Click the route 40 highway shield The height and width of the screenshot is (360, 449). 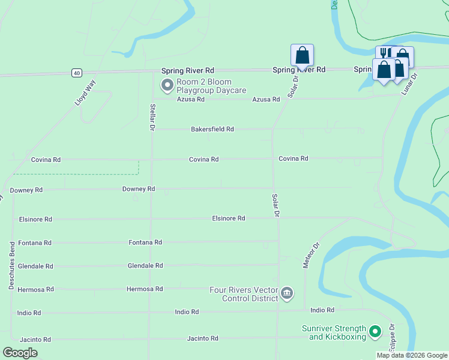click(76, 73)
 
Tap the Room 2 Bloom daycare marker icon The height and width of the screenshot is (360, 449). click(166, 86)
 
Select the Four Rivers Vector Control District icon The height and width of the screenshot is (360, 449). click(287, 293)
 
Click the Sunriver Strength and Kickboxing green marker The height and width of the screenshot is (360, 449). click(375, 331)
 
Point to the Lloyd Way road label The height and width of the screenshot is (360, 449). click(85, 93)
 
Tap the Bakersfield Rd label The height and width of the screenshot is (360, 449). click(212, 129)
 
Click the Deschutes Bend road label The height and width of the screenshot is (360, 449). click(11, 266)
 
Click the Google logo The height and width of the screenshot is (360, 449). click(20, 353)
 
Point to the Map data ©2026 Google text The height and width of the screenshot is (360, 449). click(412, 355)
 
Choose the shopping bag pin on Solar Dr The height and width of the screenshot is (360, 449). click(302, 55)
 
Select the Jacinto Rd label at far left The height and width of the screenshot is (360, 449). click(35, 339)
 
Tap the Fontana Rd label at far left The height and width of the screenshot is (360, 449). click(35, 243)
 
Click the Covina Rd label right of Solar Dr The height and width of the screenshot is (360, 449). click(293, 158)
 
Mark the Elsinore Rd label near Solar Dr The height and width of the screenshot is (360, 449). click(229, 218)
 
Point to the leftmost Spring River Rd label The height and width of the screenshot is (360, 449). click(188, 71)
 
